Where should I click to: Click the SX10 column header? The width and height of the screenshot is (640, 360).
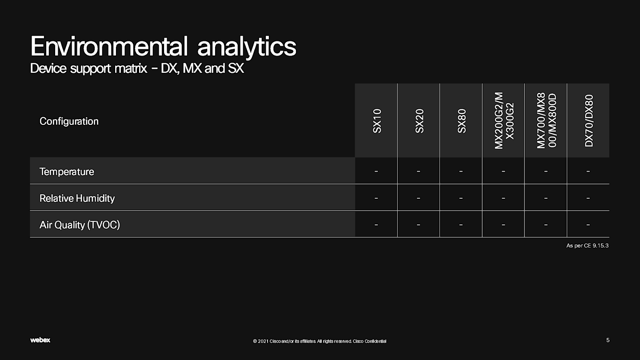(377, 121)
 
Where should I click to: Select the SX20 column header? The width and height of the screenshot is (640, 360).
(419, 121)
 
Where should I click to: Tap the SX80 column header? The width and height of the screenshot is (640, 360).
(461, 121)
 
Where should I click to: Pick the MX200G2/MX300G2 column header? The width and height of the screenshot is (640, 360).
(504, 120)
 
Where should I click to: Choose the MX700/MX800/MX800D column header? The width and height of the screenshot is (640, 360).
(546, 120)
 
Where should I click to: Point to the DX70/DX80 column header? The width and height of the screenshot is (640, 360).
(589, 120)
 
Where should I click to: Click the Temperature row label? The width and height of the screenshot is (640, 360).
(67, 172)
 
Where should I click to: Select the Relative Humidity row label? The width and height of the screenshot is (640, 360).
(77, 198)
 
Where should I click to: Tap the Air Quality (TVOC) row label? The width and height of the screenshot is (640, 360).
(80, 225)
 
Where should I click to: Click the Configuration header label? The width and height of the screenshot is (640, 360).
(69, 121)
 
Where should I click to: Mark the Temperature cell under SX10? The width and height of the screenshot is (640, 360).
(376, 171)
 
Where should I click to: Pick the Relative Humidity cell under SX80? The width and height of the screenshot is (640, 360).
(461, 198)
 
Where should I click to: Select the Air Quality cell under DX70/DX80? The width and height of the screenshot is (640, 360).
(588, 224)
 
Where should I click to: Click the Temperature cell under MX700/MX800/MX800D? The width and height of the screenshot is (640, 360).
(546, 171)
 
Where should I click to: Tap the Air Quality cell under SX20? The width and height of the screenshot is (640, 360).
(418, 224)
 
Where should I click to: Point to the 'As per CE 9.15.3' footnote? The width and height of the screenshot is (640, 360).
(588, 245)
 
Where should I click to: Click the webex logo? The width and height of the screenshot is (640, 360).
(40, 340)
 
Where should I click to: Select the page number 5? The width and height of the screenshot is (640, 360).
(608, 340)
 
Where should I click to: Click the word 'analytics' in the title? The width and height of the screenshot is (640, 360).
(247, 47)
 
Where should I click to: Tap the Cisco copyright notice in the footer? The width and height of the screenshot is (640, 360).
(320, 341)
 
